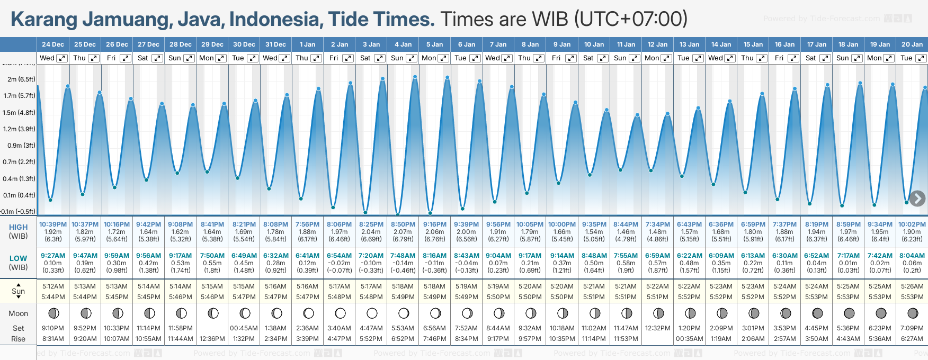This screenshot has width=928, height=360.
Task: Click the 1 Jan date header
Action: coord(307,44)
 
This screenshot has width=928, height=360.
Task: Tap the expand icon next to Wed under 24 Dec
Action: coord(62,58)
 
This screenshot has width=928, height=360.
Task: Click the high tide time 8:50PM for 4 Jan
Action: coord(403,224)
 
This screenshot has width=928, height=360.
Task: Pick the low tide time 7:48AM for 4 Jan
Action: coord(403,256)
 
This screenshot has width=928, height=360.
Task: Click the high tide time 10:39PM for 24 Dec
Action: coord(53,224)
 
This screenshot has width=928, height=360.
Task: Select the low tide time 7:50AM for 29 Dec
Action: coord(212,256)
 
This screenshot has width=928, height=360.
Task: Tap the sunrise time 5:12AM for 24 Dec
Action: coord(53,286)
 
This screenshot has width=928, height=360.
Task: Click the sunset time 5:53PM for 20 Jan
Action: coord(912,297)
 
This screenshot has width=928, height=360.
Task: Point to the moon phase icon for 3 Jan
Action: coord(372,313)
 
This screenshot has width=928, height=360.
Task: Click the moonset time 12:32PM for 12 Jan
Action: coord(657,328)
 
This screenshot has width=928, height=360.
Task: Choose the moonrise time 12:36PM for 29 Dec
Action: coord(212,339)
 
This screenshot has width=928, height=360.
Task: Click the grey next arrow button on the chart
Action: coord(917,199)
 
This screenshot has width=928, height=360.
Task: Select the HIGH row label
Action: coord(18,227)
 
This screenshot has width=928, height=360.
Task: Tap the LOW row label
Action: coord(18,258)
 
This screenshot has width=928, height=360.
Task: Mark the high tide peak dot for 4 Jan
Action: coord(415,77)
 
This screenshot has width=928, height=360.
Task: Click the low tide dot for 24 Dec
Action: coord(50,200)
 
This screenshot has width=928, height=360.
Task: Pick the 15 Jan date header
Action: coord(753,44)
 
